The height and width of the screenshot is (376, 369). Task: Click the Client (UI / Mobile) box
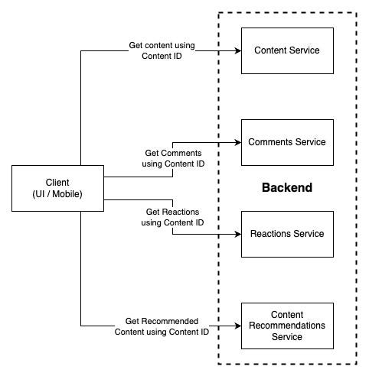[57, 188]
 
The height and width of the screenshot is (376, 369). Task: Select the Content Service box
[287, 50]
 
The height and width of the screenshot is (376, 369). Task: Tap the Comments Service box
[287, 142]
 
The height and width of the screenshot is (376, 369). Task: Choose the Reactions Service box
[287, 234]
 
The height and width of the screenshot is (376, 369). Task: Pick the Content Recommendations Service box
[287, 326]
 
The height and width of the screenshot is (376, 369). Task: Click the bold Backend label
[287, 188]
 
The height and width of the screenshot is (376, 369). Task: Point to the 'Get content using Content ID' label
[162, 50]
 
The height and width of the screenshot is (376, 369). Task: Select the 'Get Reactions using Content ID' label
[172, 217]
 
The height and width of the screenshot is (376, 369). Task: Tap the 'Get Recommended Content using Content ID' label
[162, 326]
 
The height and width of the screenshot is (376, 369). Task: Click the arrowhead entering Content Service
[237, 50]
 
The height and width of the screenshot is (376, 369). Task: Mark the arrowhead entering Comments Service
[237, 142]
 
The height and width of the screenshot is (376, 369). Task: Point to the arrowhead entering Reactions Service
[237, 234]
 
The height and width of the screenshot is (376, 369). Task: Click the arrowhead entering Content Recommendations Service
[237, 326]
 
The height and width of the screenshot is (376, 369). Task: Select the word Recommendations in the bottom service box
[287, 326]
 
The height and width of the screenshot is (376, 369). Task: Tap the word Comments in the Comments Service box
[270, 142]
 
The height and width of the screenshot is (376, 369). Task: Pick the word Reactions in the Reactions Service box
[270, 234]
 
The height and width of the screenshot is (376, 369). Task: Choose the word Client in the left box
[57, 183]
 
